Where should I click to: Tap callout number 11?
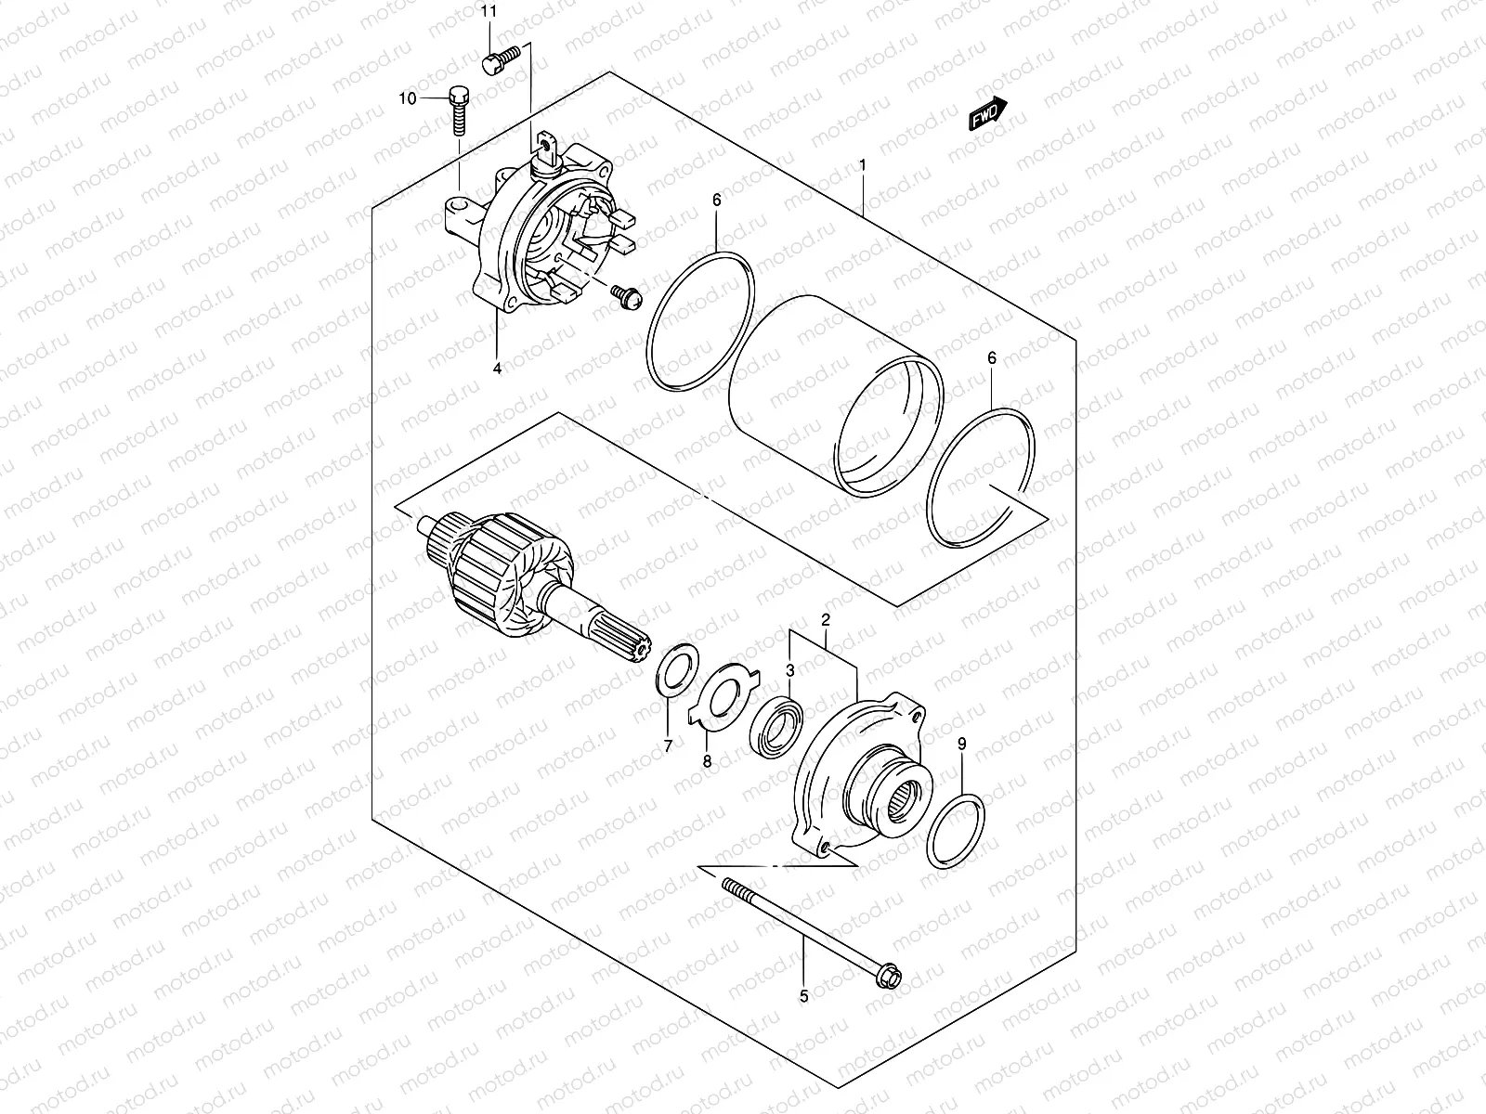click(x=489, y=12)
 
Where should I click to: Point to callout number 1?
click(x=863, y=164)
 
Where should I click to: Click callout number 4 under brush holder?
click(x=497, y=369)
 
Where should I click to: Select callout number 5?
click(x=804, y=996)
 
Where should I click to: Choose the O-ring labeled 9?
click(x=956, y=830)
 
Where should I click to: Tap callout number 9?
click(x=962, y=743)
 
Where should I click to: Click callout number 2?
click(x=824, y=619)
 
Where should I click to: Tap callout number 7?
click(x=667, y=746)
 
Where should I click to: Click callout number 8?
click(x=707, y=761)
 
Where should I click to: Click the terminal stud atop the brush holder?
click(x=548, y=150)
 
